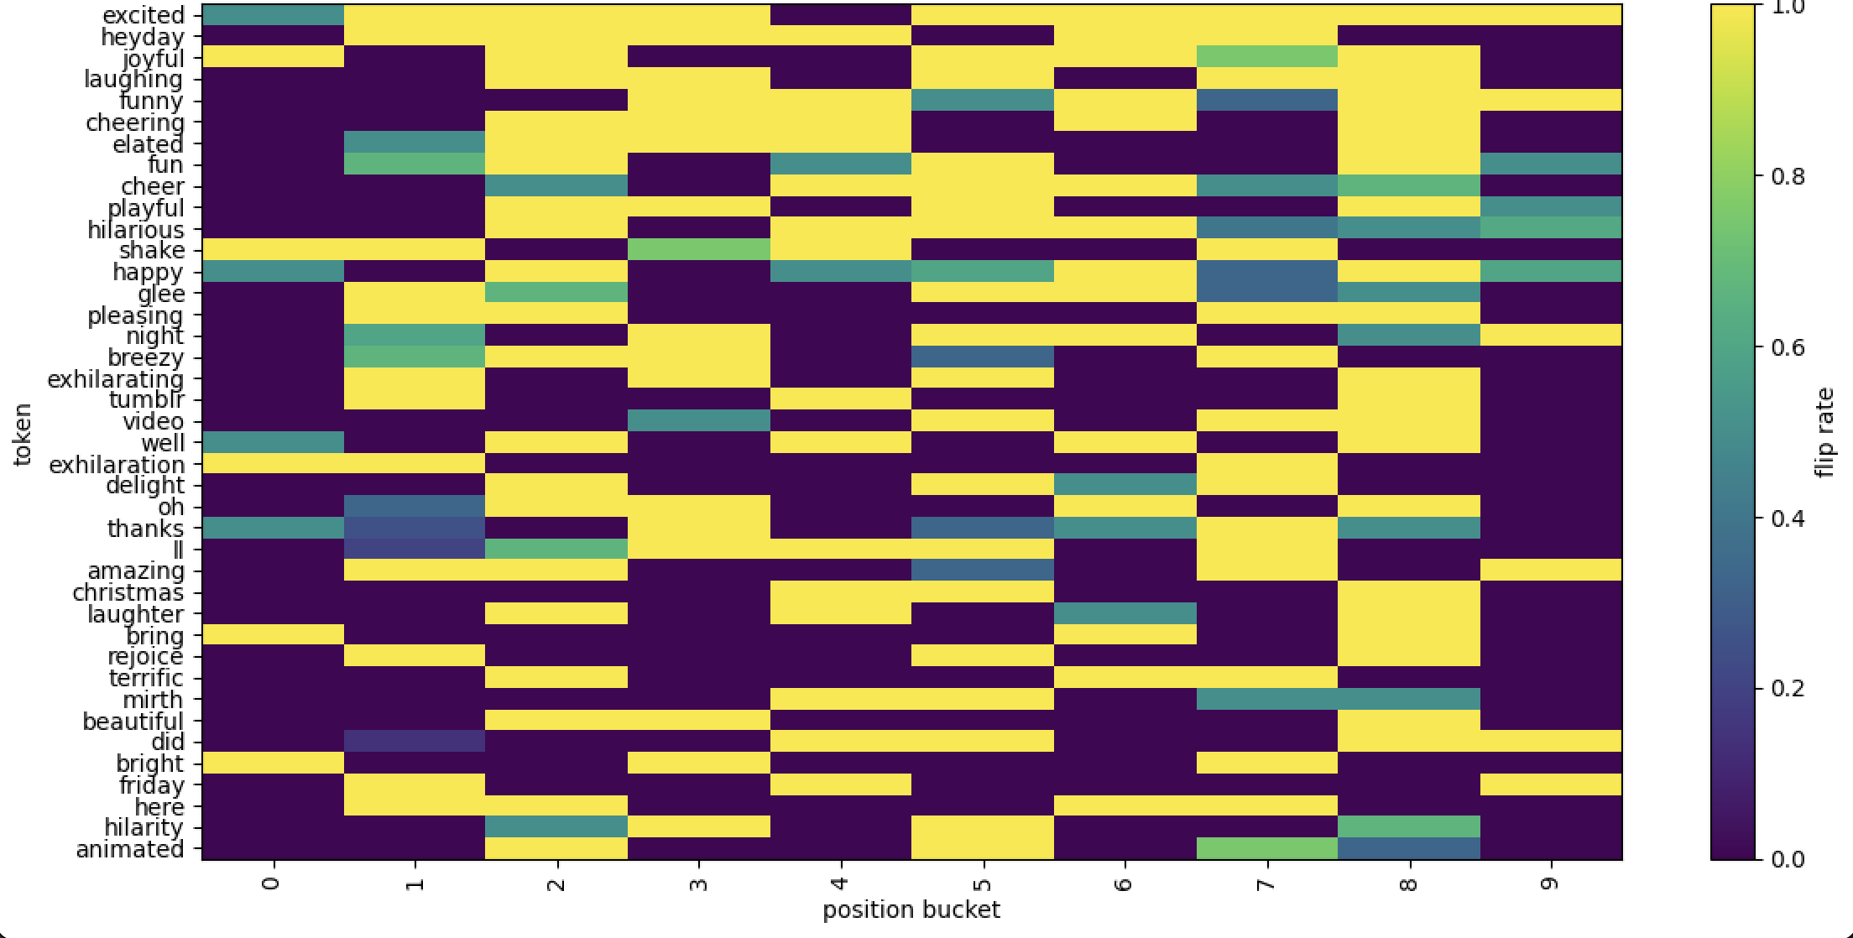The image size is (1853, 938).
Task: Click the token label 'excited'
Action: pos(143,15)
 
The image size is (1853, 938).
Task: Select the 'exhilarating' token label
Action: pos(115,379)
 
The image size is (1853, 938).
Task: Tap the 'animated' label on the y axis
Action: pos(129,849)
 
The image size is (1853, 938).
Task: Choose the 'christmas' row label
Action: pos(128,592)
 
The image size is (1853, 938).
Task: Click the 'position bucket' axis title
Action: pos(911,910)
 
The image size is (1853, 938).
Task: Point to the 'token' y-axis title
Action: pos(23,434)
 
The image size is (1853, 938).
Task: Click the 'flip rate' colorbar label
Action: pos(1823,433)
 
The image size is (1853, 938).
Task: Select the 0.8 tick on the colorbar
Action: pos(1788,177)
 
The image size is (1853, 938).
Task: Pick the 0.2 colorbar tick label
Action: pos(1788,689)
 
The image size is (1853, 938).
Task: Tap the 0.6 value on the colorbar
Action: pos(1788,347)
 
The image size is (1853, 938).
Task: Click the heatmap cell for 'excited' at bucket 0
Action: pos(273,15)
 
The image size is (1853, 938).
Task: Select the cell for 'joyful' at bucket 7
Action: pos(1267,57)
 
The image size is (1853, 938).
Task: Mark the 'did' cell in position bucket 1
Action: pos(415,742)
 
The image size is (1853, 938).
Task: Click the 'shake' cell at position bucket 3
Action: pos(699,250)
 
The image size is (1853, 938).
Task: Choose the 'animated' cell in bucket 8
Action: pos(1409,848)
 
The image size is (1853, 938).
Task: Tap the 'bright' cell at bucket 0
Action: pos(273,763)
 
